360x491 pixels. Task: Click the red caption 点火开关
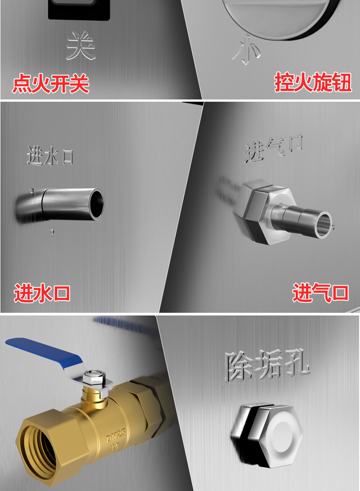51,84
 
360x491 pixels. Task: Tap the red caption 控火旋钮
313,82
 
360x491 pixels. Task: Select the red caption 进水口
42,293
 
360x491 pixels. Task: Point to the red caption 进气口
320,293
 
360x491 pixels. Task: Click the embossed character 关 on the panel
81,46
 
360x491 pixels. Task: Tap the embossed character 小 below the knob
246,50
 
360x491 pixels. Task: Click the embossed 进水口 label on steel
50,155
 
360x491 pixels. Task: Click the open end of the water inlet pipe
96,204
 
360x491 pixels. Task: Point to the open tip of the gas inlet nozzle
324,225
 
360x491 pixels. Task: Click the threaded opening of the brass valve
37,451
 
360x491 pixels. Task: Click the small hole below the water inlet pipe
52,232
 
